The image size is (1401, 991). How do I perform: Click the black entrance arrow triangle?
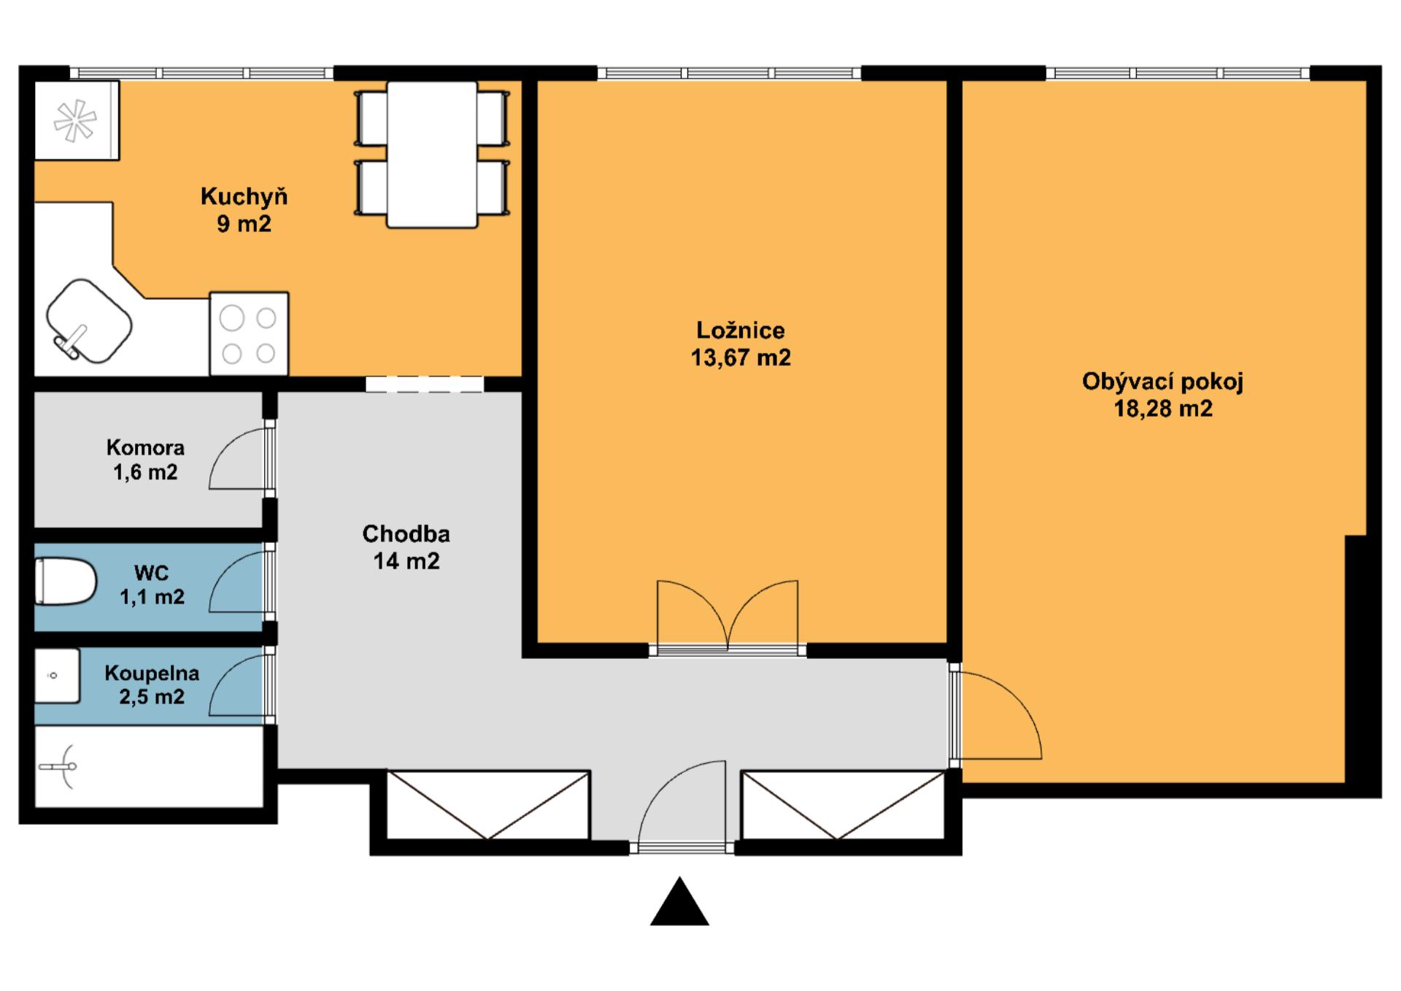coord(679,902)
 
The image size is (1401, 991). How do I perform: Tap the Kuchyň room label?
coord(244,196)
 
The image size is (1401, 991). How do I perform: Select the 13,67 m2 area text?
coord(741,358)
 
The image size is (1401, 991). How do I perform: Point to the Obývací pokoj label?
coord(1162,382)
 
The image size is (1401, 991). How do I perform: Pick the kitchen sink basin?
coord(89,320)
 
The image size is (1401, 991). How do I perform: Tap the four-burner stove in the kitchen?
coord(249,334)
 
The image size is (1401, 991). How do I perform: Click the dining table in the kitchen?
coord(432,154)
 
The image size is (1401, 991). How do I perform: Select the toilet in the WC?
coord(66,582)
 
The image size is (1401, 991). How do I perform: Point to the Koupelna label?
coord(152,673)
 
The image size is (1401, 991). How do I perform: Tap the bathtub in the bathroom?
coord(149,767)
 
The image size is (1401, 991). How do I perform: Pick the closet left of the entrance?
coord(487,805)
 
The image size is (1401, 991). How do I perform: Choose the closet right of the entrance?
coord(843,805)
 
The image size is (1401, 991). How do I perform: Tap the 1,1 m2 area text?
coord(152,597)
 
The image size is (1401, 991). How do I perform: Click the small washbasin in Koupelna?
coord(57,676)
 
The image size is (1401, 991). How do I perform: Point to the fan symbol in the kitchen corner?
coord(75,120)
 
